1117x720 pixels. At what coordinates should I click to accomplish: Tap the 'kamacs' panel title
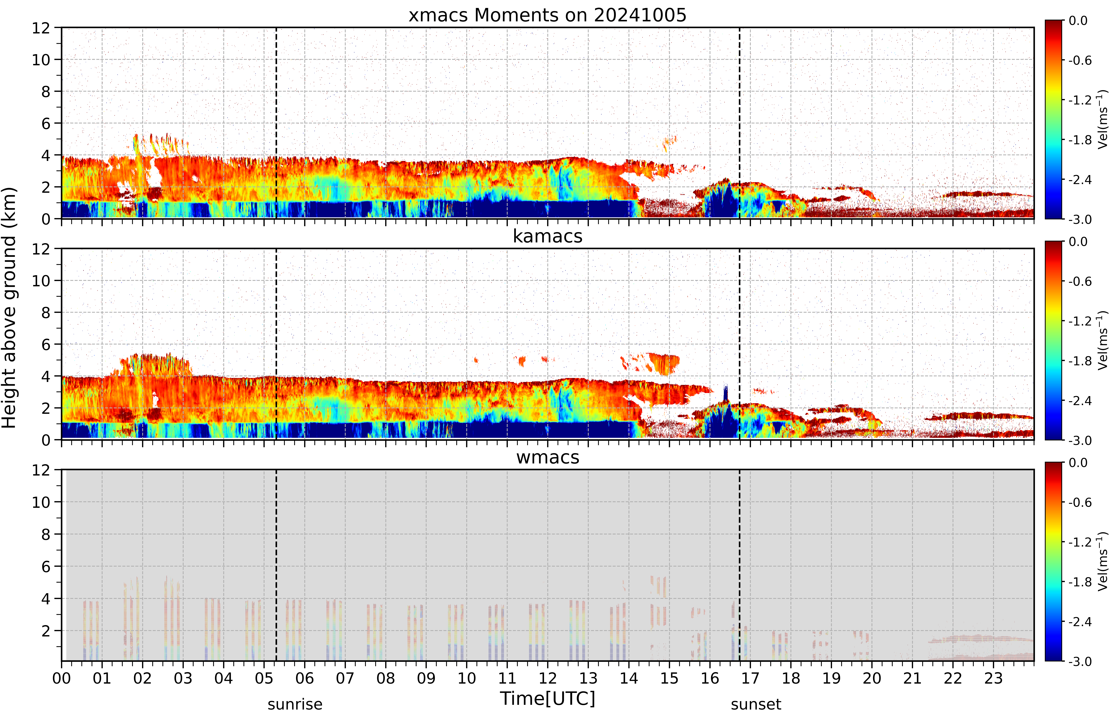click(x=547, y=236)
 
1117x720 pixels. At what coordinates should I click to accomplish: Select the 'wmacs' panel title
click(x=547, y=457)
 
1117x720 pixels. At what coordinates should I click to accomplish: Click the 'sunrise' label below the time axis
click(x=295, y=704)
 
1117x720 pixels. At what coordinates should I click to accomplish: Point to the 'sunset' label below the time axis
click(x=756, y=704)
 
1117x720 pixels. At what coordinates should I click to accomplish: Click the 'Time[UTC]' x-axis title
click(x=547, y=698)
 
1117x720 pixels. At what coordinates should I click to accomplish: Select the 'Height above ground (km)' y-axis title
click(x=9, y=308)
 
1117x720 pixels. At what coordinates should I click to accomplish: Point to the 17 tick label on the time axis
click(x=750, y=678)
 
